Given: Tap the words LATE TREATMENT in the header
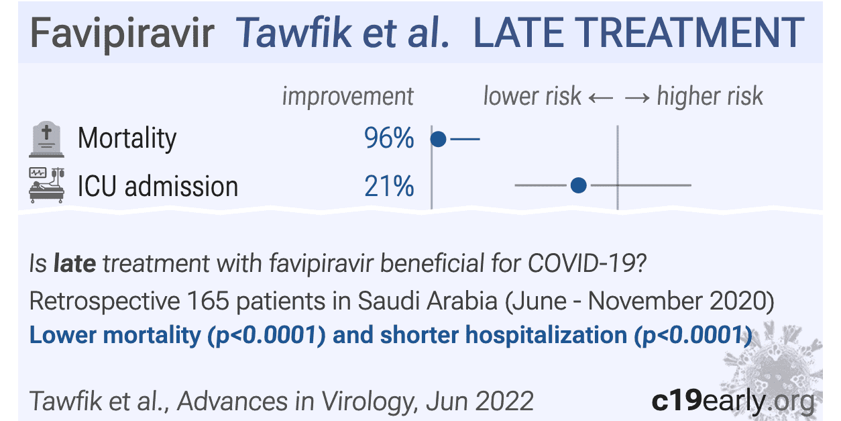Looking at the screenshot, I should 638,32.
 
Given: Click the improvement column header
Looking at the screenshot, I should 347,97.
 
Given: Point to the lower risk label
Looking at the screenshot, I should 532,97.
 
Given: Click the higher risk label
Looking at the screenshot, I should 710,97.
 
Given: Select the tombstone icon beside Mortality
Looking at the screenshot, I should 46,139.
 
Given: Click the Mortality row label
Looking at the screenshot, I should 127,139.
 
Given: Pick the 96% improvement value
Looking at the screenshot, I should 389,139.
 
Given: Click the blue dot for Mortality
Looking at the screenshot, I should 438,139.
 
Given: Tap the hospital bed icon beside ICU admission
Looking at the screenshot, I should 46,185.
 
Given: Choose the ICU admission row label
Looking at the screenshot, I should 158,186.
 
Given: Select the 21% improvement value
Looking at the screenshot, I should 389,186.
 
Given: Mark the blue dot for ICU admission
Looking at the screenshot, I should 579,185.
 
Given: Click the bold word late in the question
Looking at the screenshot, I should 75,264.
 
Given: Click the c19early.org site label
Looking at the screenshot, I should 733,401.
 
